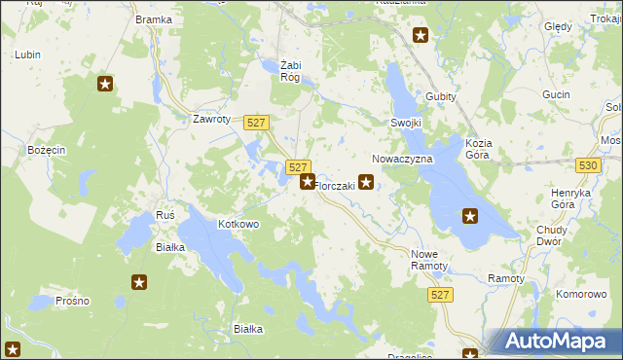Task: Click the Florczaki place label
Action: (x=335, y=186)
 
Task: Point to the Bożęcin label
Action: (x=46, y=150)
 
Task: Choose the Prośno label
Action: (x=72, y=301)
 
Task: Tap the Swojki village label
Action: (x=406, y=124)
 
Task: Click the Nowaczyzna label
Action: (x=396, y=158)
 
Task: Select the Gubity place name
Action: (x=441, y=96)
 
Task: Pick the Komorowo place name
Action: (x=581, y=293)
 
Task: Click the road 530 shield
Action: (x=587, y=166)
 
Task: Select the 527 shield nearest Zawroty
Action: (x=256, y=122)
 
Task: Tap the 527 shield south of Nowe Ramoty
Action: (x=441, y=294)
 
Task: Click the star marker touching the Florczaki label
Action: (x=308, y=181)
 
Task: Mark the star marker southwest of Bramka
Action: (x=106, y=84)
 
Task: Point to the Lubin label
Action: (x=27, y=54)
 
